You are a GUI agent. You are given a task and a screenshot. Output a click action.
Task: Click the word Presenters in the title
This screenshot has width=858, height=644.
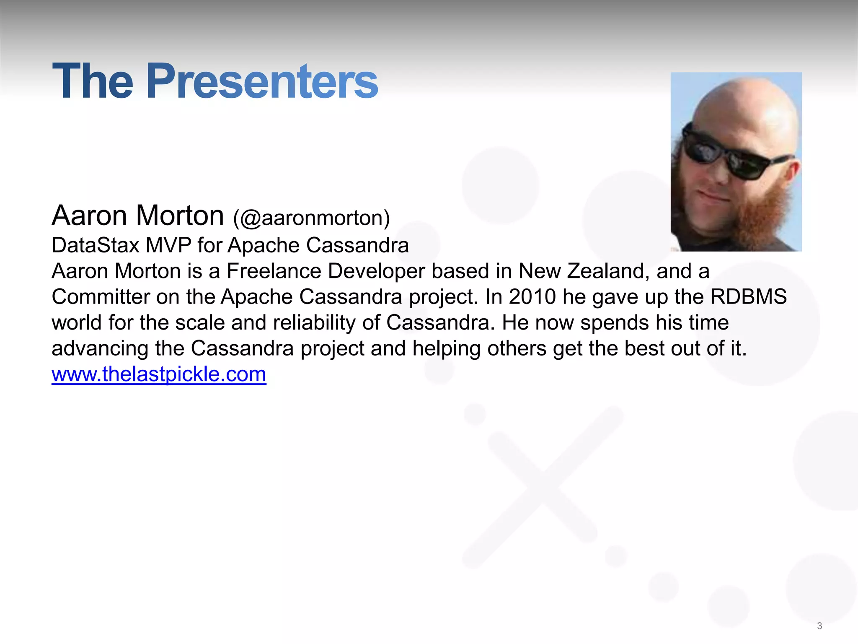click(262, 81)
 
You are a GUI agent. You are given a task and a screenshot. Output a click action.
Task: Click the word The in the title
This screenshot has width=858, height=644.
click(93, 81)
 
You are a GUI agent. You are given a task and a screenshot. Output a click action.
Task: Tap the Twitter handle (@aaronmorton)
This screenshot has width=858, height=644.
click(311, 218)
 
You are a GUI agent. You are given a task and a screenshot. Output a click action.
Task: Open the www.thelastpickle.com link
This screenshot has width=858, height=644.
click(159, 374)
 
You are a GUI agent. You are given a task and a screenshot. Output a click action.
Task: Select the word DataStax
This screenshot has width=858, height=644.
click(95, 245)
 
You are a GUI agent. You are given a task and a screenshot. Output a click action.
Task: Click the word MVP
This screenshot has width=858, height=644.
click(168, 245)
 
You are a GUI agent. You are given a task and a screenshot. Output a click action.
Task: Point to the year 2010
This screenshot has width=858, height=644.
click(532, 297)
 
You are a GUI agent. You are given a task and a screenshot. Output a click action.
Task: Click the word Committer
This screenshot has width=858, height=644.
click(101, 297)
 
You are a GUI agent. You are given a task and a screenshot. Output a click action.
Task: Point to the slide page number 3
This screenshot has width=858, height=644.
click(819, 626)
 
